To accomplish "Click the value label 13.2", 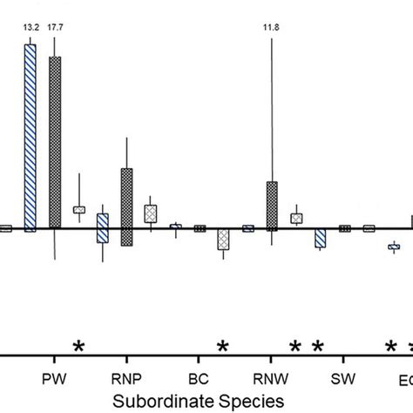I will click(x=30, y=27).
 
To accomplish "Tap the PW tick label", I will click(x=54, y=382).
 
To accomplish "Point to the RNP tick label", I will click(x=127, y=382).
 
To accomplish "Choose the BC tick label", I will click(x=199, y=382).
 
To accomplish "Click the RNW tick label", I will click(x=271, y=382).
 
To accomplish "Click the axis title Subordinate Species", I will click(x=199, y=401).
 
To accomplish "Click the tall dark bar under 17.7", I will click(x=55, y=143).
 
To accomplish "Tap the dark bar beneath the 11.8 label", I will click(x=272, y=206).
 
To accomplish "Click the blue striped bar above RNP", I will click(x=103, y=228).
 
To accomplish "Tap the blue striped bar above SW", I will click(x=320, y=238).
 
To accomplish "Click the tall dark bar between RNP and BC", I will click(x=126, y=207).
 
